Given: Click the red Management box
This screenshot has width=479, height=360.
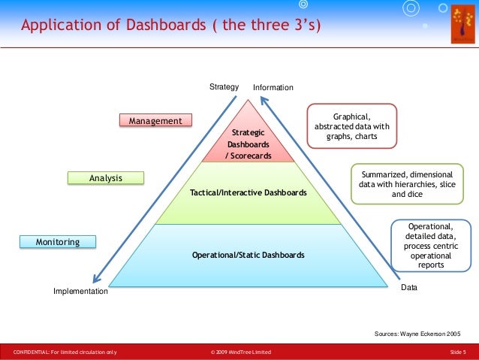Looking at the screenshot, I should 155,120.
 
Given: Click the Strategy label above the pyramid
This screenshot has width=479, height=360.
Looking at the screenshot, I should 224,87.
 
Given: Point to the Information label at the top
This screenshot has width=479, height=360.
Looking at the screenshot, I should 273,88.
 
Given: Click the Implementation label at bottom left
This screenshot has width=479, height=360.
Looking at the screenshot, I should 80,291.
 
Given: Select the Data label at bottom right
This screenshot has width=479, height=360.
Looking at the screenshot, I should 408,287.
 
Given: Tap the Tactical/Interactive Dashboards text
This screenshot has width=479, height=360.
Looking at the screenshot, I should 249,193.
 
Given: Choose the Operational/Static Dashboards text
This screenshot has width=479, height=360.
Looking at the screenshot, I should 249,255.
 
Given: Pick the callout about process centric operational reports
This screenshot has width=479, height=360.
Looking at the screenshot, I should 432,245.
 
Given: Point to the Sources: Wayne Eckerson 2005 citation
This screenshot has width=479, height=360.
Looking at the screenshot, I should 417,332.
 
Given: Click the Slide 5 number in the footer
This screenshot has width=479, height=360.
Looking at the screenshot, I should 458,352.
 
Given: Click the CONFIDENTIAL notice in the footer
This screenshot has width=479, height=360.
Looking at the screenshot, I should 65,352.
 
